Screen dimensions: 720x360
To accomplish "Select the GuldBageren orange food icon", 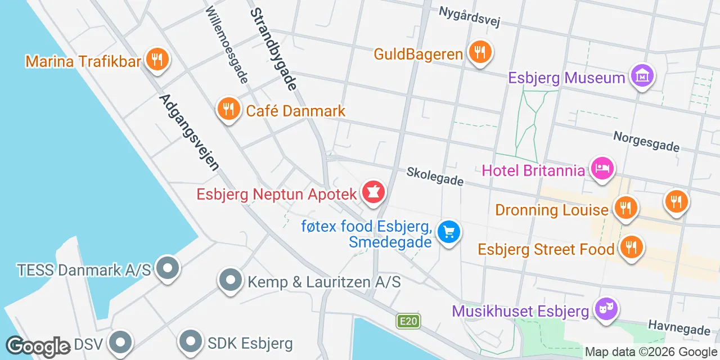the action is click(479, 52).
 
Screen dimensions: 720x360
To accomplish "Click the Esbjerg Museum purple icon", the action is click(642, 76).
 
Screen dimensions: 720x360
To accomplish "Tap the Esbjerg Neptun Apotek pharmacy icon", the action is click(372, 192).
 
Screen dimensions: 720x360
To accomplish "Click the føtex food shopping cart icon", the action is click(449, 232).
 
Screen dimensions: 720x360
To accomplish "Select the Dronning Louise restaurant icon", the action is click(624, 208).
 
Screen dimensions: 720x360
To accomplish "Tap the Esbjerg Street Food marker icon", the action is click(631, 247).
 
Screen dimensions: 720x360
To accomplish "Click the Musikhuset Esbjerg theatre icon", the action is click(606, 309).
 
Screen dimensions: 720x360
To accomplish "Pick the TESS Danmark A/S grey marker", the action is click(167, 268).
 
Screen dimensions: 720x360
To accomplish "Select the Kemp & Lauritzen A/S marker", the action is click(230, 280).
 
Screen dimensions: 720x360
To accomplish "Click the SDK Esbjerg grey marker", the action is click(191, 341).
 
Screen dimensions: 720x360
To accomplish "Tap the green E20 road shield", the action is click(408, 321).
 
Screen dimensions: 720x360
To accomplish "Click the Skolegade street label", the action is click(435, 176).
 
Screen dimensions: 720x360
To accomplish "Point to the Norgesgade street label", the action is click(646, 141).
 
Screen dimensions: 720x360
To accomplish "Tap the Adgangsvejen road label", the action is click(189, 132).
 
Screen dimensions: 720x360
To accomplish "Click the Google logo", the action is click(38, 346).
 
